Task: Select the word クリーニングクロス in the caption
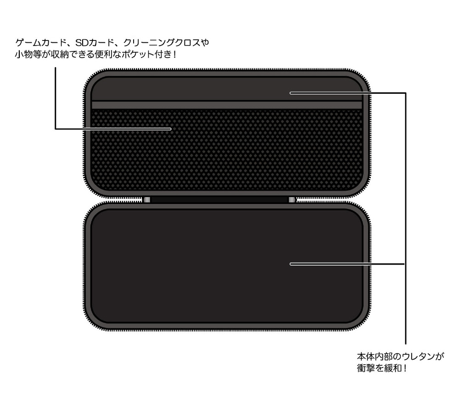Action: (162, 43)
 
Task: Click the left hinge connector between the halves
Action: (147, 200)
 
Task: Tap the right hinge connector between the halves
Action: (292, 200)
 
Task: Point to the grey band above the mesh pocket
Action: (227, 105)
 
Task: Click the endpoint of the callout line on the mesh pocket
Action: (171, 129)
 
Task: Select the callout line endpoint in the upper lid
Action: (291, 93)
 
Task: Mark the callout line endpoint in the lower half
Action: (291, 264)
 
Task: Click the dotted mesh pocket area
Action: (227, 149)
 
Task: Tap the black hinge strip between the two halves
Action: (219, 200)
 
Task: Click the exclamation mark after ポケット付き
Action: (174, 55)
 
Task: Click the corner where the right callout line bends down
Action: (405, 93)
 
